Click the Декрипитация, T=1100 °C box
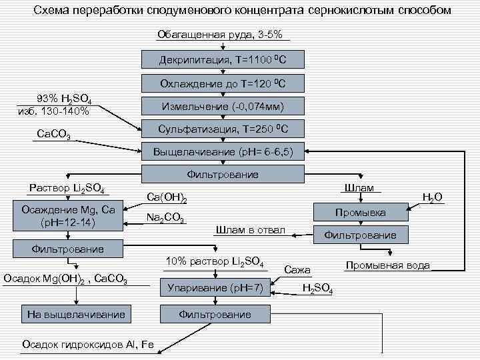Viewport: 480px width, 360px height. (x=223, y=60)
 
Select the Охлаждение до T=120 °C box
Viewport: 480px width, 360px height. (x=223, y=83)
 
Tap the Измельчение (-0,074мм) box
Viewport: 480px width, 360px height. (x=223, y=106)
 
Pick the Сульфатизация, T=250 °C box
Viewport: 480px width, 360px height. (x=223, y=129)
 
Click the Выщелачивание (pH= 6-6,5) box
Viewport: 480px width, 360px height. (x=223, y=151)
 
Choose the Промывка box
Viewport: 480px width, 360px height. (x=359, y=213)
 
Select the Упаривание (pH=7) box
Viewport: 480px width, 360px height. (x=213, y=289)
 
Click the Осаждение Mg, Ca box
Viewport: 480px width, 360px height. (x=69, y=217)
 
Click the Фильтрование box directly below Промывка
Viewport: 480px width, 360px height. (x=359, y=235)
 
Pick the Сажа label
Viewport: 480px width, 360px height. (x=297, y=270)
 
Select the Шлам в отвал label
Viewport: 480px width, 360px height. (x=249, y=230)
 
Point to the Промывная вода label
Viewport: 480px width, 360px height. (x=387, y=265)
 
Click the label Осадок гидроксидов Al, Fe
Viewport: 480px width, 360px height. (x=78, y=344)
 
